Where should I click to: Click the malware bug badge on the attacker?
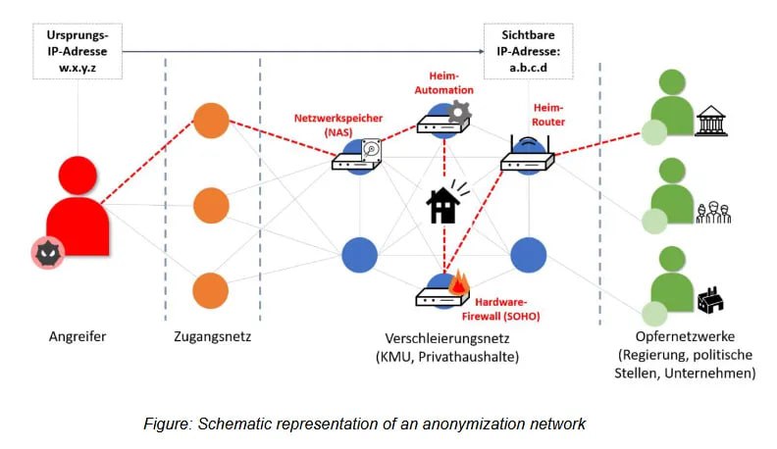pos(44,256)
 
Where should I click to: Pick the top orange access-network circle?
pos(211,121)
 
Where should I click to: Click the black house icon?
pos(441,206)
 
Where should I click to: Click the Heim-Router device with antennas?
pos(527,157)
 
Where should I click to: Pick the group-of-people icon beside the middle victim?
pos(713,212)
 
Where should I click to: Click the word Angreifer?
pos(77,337)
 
